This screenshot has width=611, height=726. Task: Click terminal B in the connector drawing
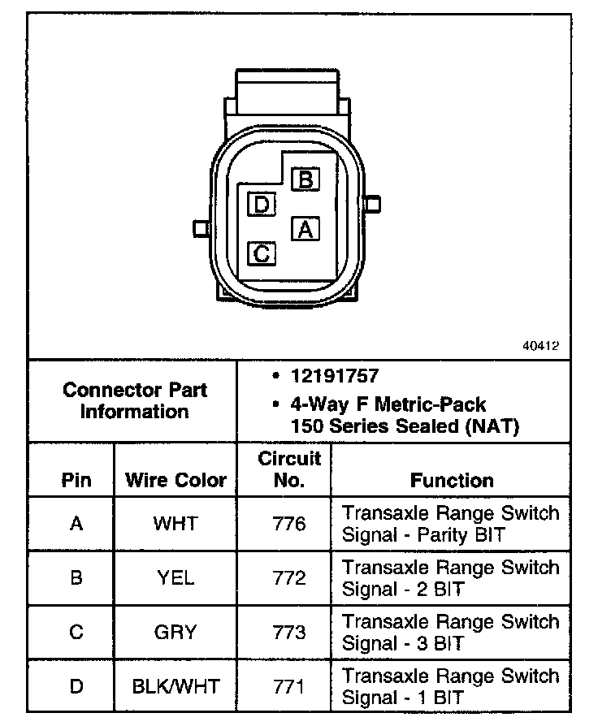pyautogui.click(x=305, y=179)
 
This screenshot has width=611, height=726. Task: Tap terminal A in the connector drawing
pyautogui.click(x=305, y=229)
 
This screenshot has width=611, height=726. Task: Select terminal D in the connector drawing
pyautogui.click(x=262, y=204)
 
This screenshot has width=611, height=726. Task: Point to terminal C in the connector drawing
pyautogui.click(x=262, y=253)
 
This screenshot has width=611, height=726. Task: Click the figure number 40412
pyautogui.click(x=540, y=344)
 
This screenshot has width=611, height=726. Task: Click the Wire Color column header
pyautogui.click(x=175, y=480)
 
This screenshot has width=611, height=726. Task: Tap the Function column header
pyautogui.click(x=452, y=480)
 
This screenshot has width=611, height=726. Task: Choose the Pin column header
pyautogui.click(x=76, y=480)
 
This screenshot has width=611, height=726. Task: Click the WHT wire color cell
pyautogui.click(x=175, y=524)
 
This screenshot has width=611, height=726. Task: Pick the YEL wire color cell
pyautogui.click(x=175, y=577)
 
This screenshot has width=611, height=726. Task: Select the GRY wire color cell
pyautogui.click(x=175, y=632)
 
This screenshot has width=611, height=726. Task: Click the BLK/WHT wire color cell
pyautogui.click(x=175, y=686)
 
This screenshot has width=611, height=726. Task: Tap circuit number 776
pyautogui.click(x=289, y=524)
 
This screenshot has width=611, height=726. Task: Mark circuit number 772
pyautogui.click(x=289, y=577)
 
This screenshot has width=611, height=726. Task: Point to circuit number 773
pyautogui.click(x=289, y=632)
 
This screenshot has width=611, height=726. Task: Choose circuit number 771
pyautogui.click(x=289, y=686)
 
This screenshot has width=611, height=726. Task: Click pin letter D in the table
pyautogui.click(x=76, y=686)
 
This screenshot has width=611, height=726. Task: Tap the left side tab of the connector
pyautogui.click(x=199, y=227)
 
